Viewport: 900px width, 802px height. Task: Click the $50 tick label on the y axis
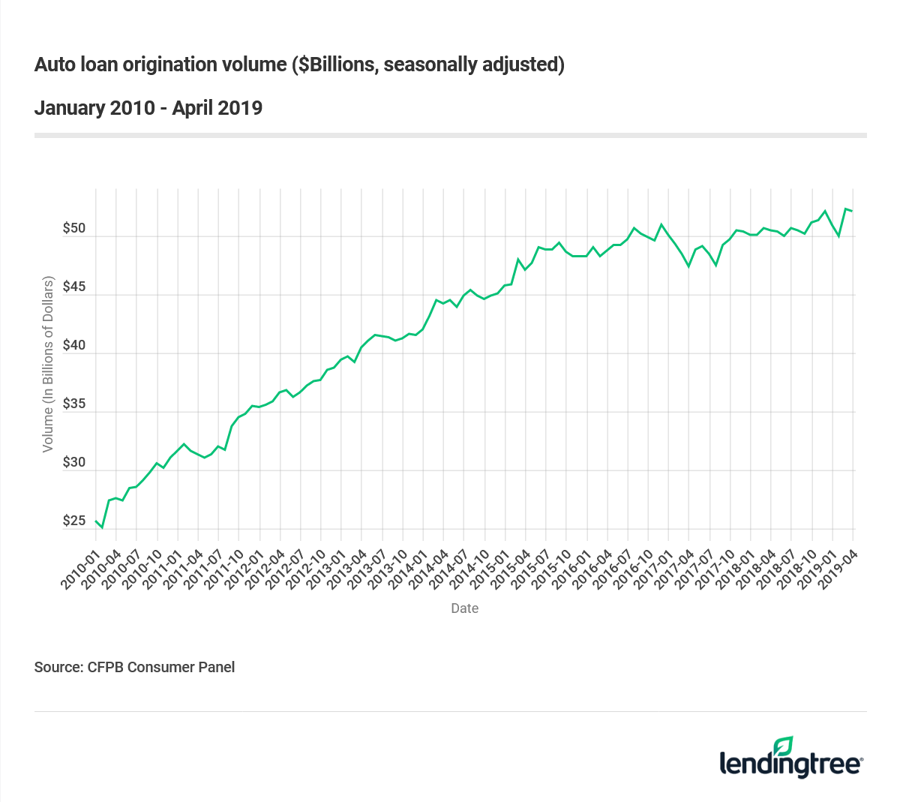pyautogui.click(x=74, y=228)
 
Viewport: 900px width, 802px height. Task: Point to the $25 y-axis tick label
pyautogui.click(x=74, y=521)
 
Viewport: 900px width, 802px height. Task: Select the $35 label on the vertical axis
pyautogui.click(x=74, y=404)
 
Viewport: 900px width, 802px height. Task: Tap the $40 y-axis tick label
pyautogui.click(x=74, y=345)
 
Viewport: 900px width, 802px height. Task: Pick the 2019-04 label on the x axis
pyautogui.click(x=838, y=570)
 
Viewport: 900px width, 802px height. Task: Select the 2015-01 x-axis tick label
pyautogui.click(x=490, y=570)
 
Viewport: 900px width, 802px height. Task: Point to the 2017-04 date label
pyautogui.click(x=674, y=570)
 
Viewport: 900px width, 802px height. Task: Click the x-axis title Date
pyautogui.click(x=464, y=608)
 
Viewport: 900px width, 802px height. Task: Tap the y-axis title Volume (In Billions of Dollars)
pyautogui.click(x=48, y=364)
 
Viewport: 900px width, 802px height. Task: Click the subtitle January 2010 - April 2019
pyautogui.click(x=148, y=108)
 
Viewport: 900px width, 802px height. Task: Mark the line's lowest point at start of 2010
pyautogui.click(x=103, y=528)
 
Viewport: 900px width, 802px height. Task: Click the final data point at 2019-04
pyautogui.click(x=853, y=211)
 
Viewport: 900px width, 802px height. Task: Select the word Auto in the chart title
pyautogui.click(x=54, y=65)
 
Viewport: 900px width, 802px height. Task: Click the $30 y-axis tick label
pyautogui.click(x=74, y=462)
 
